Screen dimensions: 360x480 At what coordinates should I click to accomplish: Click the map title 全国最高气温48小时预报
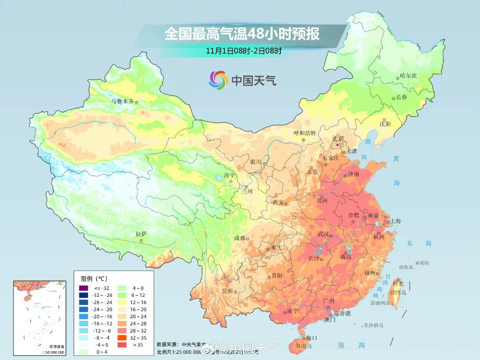pos(242,34)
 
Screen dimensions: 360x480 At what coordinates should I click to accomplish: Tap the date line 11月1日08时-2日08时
pos(244,51)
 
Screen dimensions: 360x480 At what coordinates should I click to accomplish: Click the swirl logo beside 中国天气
pos(218,80)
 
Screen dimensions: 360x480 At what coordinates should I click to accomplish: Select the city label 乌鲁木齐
pos(122,101)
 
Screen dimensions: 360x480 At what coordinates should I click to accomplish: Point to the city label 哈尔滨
pos(408,76)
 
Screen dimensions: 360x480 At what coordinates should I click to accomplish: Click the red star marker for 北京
pos(338,145)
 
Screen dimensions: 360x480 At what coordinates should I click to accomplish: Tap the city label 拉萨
pos(141,234)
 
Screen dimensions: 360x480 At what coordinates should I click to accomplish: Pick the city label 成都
pos(240,238)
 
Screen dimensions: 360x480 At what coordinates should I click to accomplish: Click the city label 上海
pos(395,221)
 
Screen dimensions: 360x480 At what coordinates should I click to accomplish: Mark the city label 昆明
pos(227,291)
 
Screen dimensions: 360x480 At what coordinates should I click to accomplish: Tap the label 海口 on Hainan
pos(311,338)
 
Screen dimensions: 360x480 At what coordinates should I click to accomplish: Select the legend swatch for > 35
pos(121,345)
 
